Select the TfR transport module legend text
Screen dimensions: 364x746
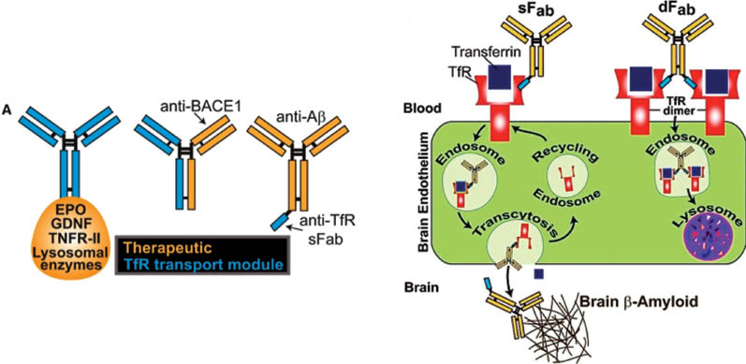[204, 264]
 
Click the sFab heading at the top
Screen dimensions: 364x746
[533, 12]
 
